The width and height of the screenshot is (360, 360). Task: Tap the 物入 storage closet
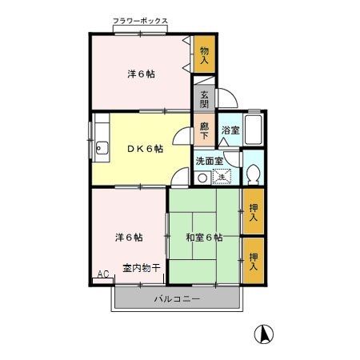click(205, 55)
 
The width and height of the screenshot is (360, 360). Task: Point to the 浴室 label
click(230, 131)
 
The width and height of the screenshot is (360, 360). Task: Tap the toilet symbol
click(253, 173)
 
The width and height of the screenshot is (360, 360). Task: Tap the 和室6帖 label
click(204, 237)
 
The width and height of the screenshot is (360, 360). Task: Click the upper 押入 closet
click(253, 212)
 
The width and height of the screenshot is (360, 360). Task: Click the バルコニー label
click(176, 299)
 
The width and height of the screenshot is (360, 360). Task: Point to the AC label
click(102, 274)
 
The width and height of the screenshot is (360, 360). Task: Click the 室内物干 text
click(142, 267)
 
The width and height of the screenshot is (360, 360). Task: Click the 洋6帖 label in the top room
click(141, 74)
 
